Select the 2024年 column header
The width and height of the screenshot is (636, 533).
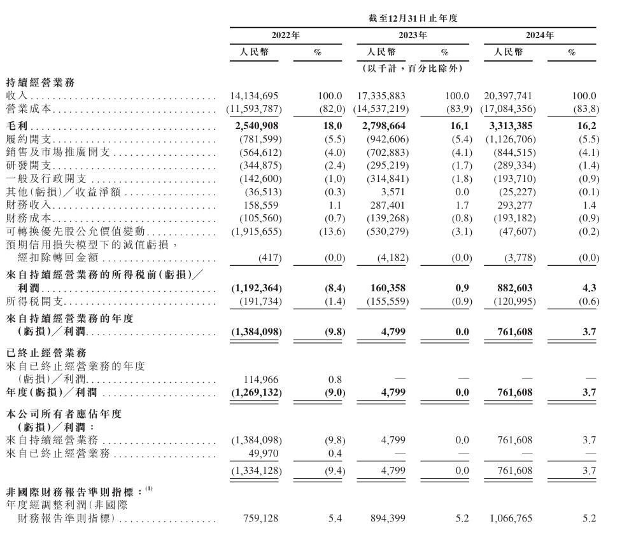pyautogui.click(x=540, y=36)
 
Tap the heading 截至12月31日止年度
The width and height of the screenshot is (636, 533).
pyautogui.click(x=413, y=18)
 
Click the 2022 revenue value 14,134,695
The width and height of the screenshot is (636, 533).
pyautogui.click(x=254, y=95)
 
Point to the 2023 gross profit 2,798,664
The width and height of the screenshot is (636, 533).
pyautogui.click(x=381, y=126)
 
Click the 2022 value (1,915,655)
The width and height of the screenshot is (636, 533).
pyautogui.click(x=254, y=232)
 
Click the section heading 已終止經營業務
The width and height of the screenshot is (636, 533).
pyautogui.click(x=41, y=352)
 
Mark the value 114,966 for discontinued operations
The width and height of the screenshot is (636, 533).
pyautogui.click(x=262, y=380)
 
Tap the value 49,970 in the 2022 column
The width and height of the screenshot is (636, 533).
pyautogui.click(x=264, y=453)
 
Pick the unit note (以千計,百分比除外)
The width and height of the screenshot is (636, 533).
pyautogui.click(x=413, y=68)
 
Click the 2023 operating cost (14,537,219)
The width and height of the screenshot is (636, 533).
pyautogui.click(x=381, y=109)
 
